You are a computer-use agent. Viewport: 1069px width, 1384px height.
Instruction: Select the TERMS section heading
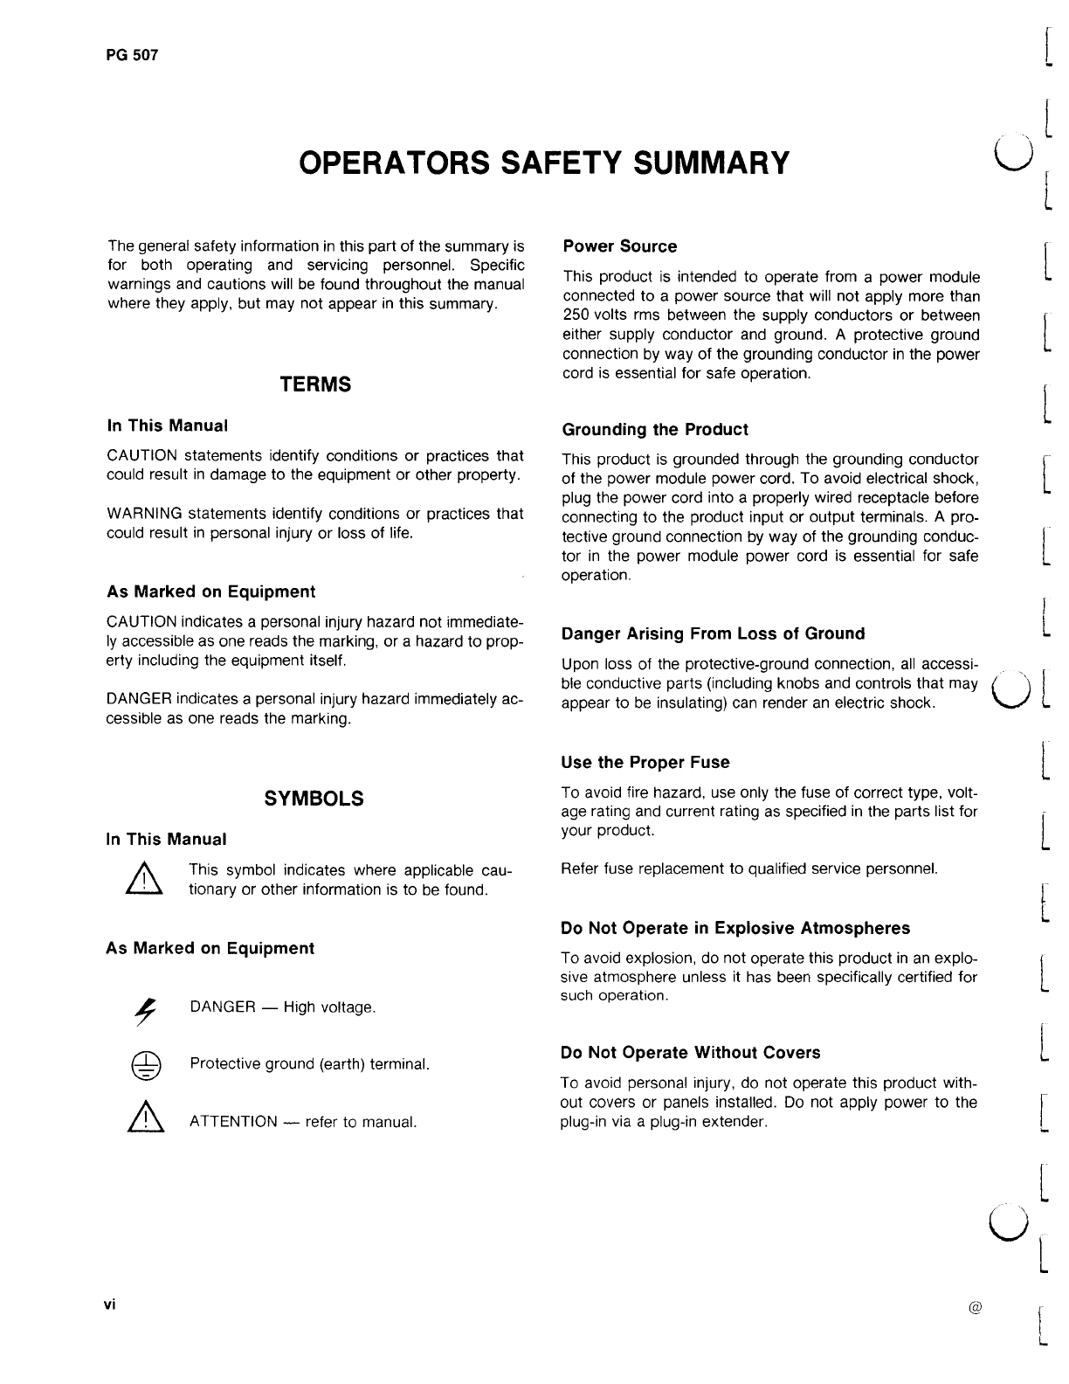pos(315,385)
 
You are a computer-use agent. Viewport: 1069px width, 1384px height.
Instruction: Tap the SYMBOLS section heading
pos(314,799)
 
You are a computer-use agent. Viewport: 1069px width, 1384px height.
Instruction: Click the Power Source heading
pos(619,246)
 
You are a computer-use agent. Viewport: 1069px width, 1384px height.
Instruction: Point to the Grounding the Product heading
pos(655,430)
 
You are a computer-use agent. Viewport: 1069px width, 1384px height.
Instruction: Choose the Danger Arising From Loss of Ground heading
pos(713,633)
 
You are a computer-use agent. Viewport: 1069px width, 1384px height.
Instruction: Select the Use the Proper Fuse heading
pos(645,763)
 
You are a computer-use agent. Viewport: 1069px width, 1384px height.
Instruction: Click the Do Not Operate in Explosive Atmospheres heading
pos(735,928)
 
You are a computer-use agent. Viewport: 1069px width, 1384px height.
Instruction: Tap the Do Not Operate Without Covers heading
pos(690,1053)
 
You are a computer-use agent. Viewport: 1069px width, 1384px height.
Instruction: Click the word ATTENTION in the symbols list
pos(233,1122)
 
